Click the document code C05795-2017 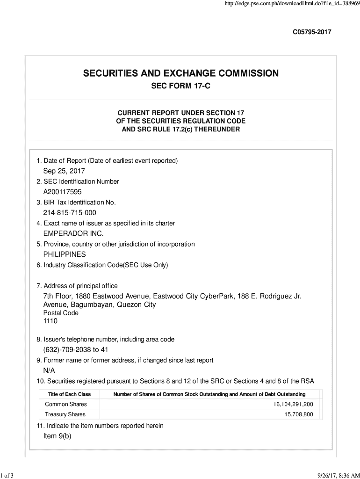point(312,32)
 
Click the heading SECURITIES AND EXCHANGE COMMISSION point(181,73)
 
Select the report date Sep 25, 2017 point(64,171)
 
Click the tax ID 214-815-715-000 point(70,213)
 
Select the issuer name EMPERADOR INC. point(73,233)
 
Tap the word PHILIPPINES point(65,254)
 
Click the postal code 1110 point(50,321)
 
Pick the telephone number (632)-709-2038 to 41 point(77,350)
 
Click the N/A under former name point(49,371)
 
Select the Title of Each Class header point(69,394)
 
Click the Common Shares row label point(66,404)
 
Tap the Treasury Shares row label point(65,414)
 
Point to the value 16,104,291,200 point(293,404)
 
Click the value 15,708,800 point(299,414)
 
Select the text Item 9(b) point(57,436)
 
